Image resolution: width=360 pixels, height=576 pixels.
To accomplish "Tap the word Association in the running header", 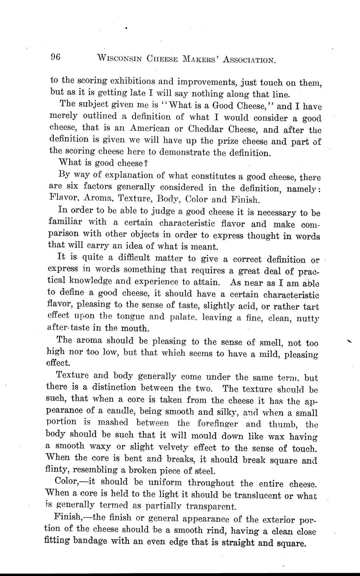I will pos(249,59).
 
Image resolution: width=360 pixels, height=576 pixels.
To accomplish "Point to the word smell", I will pos(267,344).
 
